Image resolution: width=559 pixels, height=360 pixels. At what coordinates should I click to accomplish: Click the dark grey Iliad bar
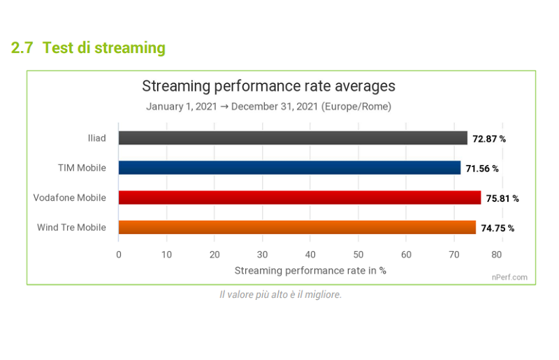[x=293, y=138]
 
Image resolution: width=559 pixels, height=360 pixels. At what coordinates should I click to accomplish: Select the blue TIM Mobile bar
[x=289, y=168]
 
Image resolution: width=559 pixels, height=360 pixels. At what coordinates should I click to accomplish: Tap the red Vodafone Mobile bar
[x=300, y=198]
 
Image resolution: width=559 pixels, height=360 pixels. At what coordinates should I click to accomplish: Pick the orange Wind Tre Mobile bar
[x=297, y=227]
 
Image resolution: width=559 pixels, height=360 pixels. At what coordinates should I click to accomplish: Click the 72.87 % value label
[x=489, y=139]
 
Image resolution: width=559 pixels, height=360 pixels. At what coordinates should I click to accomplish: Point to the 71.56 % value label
[x=482, y=168]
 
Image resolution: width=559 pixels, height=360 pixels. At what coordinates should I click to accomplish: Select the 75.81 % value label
[x=502, y=199]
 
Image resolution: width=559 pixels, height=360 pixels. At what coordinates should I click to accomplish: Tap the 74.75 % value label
[x=498, y=228]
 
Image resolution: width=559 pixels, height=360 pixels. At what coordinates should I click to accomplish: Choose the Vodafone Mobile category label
[x=70, y=198]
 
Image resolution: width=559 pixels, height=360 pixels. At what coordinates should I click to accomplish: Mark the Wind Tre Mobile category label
[x=71, y=227]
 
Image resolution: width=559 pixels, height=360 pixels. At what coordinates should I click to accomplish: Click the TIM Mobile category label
[x=82, y=168]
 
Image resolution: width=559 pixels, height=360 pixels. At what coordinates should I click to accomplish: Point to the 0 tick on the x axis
[x=119, y=254]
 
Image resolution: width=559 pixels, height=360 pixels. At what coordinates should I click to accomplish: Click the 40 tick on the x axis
[x=310, y=254]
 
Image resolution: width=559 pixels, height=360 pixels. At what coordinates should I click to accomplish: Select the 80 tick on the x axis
[x=497, y=254]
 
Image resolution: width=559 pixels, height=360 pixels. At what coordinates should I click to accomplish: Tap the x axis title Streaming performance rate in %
[x=310, y=271]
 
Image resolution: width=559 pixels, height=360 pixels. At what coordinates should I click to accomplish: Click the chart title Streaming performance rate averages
[x=268, y=86]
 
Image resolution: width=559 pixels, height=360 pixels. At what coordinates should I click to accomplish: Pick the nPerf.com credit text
[x=509, y=278]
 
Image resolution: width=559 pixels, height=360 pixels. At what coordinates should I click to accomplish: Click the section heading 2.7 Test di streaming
[x=88, y=48]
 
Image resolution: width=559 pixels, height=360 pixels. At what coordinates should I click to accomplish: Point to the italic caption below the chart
[x=281, y=295]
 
